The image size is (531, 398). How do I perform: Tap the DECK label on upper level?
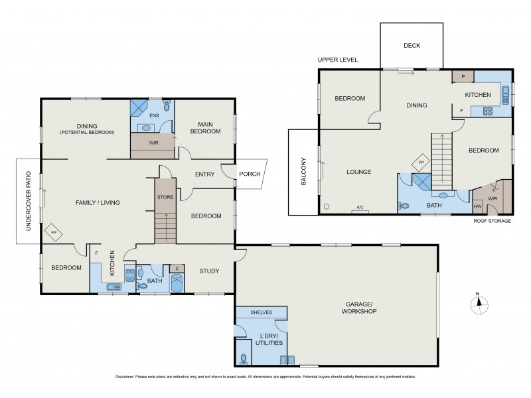412,46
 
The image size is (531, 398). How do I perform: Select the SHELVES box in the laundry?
261,312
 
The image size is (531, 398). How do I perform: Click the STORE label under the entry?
165,198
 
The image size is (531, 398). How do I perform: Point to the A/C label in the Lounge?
360,208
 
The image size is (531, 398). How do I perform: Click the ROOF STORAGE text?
492,221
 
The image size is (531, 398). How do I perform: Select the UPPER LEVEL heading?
338,60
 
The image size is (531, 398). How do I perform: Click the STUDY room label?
209,271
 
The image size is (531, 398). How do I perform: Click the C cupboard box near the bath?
177,268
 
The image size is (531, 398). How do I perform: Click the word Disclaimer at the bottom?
125,376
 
